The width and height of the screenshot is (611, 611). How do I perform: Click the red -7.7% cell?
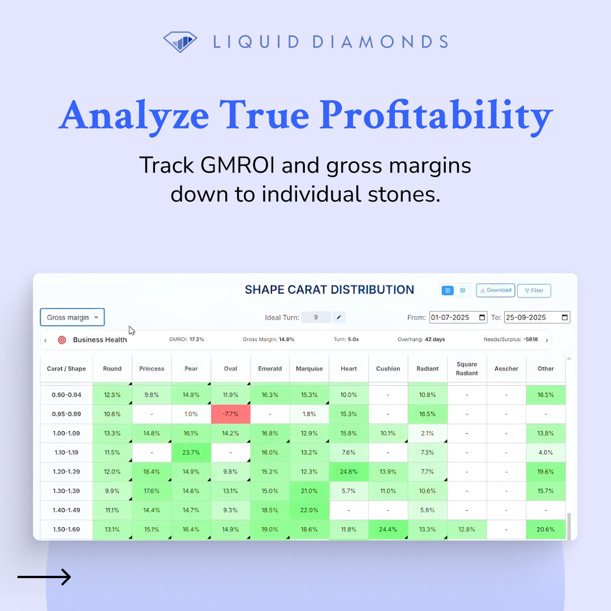point(230,414)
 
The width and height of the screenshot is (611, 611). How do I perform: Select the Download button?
point(496,290)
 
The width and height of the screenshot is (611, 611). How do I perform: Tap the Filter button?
point(533,291)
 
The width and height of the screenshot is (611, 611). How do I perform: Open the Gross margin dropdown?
point(72,317)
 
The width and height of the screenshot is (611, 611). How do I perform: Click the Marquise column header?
point(309,369)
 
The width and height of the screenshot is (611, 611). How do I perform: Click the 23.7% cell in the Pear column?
point(191,453)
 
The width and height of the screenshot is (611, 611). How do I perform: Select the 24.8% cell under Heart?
point(349,472)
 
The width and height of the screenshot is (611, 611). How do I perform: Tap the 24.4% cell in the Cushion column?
point(388,530)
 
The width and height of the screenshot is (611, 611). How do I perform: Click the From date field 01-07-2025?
point(458,317)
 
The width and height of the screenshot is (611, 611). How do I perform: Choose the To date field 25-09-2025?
point(537,317)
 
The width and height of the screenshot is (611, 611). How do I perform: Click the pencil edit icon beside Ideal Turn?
point(338,317)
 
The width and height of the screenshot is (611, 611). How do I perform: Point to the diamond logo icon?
point(180,42)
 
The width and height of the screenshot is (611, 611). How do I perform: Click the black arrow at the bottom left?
point(44,577)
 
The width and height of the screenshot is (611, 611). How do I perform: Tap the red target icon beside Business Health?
point(62,340)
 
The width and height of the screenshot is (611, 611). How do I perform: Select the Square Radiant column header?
point(467,369)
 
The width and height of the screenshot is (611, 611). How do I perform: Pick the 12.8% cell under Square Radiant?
point(467,530)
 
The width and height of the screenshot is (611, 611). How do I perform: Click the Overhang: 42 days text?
point(421,340)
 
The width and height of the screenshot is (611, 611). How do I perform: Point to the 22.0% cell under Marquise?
point(309,510)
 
